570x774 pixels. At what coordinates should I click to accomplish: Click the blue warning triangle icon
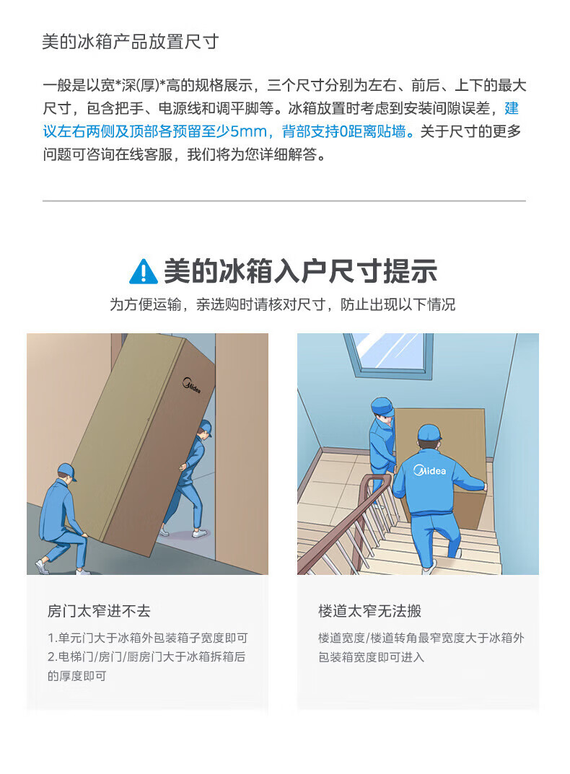coord(144,271)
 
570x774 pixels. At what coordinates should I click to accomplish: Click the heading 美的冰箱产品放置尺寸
coord(131,41)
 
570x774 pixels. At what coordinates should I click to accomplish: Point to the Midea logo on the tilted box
coord(191,385)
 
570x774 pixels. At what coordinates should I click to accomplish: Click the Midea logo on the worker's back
coord(429,470)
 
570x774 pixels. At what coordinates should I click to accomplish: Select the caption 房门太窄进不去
coord(99,611)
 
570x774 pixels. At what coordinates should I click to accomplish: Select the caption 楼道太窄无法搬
coord(369,611)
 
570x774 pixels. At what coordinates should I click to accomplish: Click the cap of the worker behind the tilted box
coord(206,427)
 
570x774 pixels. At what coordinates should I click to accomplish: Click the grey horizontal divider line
coord(284,201)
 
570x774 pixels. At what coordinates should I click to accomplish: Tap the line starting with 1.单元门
coord(148,638)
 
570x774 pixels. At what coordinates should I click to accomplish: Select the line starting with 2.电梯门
coord(146,657)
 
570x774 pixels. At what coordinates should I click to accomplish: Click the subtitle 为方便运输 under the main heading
coord(283,304)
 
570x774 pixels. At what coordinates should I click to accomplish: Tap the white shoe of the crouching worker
coord(43,566)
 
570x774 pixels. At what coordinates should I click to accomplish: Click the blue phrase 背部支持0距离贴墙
coord(343,131)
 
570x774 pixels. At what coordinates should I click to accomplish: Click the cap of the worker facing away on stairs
coord(429,433)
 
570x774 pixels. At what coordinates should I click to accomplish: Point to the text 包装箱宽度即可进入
coord(371,657)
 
